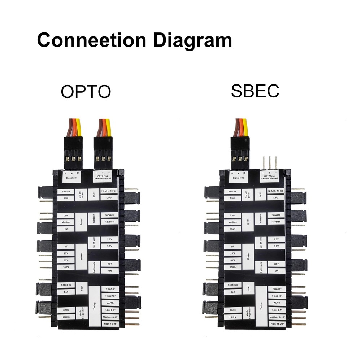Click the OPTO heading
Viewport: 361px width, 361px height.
86,92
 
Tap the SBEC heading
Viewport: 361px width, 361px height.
255,91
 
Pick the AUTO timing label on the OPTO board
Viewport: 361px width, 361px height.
110,303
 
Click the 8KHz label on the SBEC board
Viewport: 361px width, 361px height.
232,310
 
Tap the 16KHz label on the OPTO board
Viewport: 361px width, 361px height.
66,317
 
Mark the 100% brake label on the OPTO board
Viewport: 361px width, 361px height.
66,267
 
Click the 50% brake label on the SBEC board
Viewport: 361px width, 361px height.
232,260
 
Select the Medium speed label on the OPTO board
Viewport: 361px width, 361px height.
66,222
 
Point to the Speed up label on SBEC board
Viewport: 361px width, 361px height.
232,285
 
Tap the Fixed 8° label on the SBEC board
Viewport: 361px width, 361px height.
277,289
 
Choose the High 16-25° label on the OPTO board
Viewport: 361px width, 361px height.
110,324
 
